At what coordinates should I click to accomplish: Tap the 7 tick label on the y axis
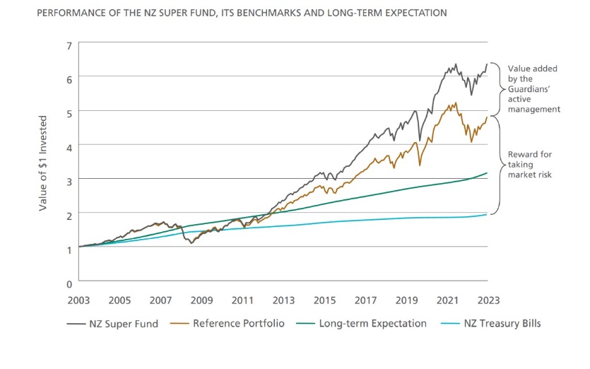click(x=69, y=45)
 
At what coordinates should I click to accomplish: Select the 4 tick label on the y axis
click(x=69, y=146)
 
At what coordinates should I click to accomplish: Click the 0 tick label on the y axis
click(x=69, y=283)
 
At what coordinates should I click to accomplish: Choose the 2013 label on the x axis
click(x=283, y=299)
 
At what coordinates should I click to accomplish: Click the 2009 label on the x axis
click(x=201, y=299)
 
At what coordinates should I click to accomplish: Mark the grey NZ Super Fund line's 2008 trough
click(x=191, y=242)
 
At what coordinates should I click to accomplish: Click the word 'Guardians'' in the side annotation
click(x=533, y=89)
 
